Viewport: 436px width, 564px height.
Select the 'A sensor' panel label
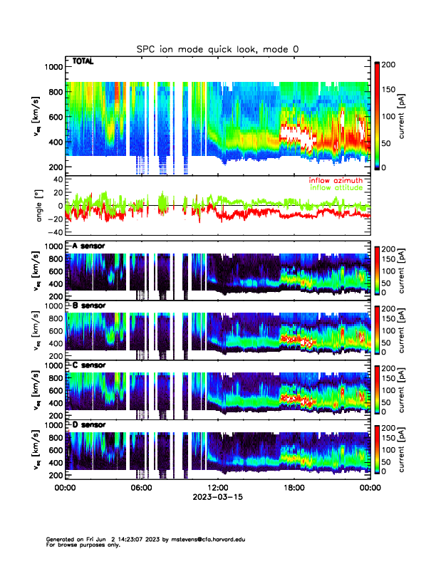point(88,246)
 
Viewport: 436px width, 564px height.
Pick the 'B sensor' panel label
point(88,306)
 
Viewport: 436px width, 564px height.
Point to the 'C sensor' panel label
point(88,365)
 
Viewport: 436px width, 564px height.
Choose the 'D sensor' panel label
point(88,425)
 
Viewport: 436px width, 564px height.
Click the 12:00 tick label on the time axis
point(217,488)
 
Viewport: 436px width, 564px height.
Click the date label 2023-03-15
point(217,498)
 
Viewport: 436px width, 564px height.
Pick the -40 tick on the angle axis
point(54,232)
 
